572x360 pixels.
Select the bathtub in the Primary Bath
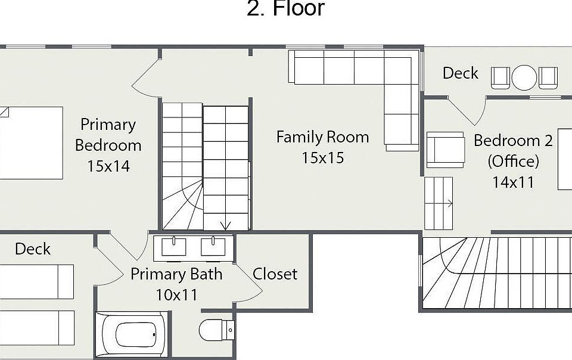point(132,334)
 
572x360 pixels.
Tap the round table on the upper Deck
point(524,77)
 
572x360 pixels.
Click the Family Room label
point(322,137)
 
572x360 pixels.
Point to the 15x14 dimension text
point(108,166)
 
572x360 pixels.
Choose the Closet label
point(275,274)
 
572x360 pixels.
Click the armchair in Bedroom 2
point(446,150)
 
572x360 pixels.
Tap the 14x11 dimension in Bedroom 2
point(513,182)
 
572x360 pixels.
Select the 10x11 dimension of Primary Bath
point(176,294)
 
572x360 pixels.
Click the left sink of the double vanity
point(173,247)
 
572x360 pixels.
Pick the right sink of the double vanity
point(213,247)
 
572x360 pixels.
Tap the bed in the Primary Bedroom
point(32,142)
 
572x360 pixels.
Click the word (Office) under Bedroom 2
point(513,161)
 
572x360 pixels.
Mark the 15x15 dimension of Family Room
point(322,158)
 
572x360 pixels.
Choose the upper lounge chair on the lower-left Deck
point(36,281)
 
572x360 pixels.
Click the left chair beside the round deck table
point(500,77)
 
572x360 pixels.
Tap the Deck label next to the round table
point(461,73)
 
